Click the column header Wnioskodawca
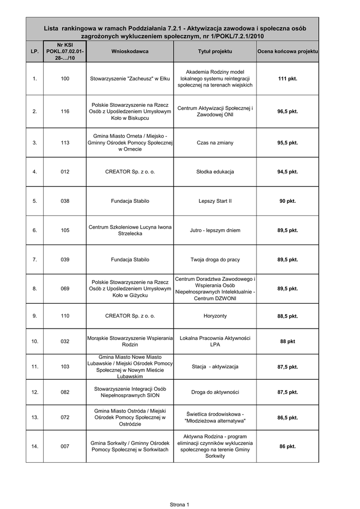click(x=130, y=52)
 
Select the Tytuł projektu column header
click(x=215, y=52)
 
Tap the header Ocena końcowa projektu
click(x=287, y=52)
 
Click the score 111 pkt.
click(x=287, y=79)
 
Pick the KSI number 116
click(x=65, y=111)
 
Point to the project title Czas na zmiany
click(x=215, y=143)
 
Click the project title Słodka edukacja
click(x=215, y=172)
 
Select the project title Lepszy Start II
click(x=215, y=201)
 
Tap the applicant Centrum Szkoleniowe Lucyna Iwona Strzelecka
click(x=130, y=230)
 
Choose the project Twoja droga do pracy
click(x=215, y=259)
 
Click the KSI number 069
click(x=65, y=289)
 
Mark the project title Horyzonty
click(x=215, y=316)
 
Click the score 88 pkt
click(x=287, y=341)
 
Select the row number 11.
click(x=35, y=367)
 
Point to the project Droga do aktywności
click(x=215, y=392)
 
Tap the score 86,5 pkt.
click(x=287, y=418)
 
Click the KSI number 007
click(x=65, y=446)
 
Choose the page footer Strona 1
click(x=180, y=505)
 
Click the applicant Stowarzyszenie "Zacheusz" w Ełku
click(x=130, y=79)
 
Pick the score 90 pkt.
click(x=287, y=201)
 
